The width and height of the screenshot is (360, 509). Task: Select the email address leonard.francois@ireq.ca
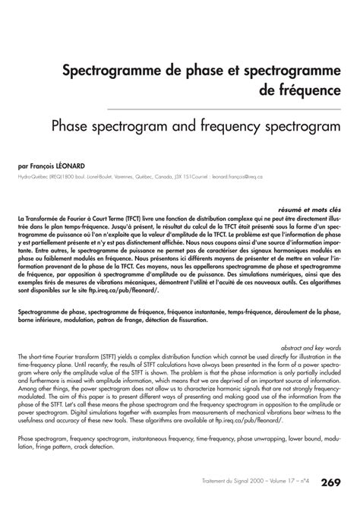point(234,177)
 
